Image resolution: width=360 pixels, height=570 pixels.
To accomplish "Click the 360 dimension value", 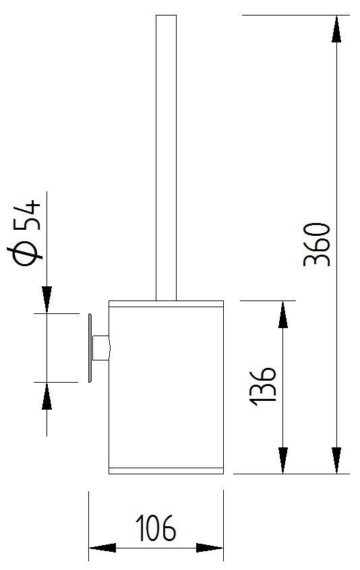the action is [x=317, y=245].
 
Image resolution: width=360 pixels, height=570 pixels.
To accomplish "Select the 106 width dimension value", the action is [x=156, y=528].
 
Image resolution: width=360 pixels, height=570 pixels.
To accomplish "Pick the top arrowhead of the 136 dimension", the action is [x=283, y=315].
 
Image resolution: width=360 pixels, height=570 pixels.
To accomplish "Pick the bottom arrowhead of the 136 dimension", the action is [x=283, y=460].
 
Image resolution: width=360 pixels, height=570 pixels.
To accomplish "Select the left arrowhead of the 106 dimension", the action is [x=102, y=548].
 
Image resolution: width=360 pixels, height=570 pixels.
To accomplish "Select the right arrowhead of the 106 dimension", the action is [x=210, y=548].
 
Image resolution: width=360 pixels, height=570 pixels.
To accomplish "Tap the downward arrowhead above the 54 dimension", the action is [x=47, y=300].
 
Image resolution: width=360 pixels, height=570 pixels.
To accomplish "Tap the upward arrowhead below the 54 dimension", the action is [x=47, y=396].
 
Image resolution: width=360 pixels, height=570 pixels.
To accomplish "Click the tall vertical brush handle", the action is [x=167, y=158].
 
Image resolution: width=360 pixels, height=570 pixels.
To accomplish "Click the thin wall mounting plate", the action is [x=90, y=348].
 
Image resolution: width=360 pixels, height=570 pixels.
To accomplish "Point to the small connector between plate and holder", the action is [x=100, y=348].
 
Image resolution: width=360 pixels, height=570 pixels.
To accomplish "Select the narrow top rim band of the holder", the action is [x=167, y=304].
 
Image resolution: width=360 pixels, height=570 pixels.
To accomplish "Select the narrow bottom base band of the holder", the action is [x=167, y=471].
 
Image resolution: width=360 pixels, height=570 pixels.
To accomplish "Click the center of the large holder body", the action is [x=167, y=387].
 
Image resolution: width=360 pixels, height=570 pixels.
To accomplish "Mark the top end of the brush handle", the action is [x=167, y=15].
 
